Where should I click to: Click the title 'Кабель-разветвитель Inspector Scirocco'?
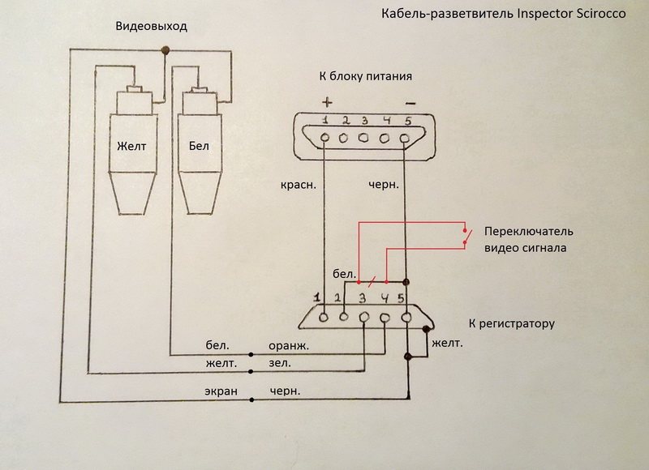click(496, 15)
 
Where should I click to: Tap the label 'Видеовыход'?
click(152, 27)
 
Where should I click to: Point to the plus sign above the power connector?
click(328, 102)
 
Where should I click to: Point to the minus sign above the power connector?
click(409, 103)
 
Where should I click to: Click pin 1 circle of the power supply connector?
click(325, 138)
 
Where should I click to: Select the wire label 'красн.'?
click(296, 185)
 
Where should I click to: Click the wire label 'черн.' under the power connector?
click(382, 185)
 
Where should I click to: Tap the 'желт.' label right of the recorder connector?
click(449, 344)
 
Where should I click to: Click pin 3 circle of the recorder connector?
click(365, 317)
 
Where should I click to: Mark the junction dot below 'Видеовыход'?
click(166, 51)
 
